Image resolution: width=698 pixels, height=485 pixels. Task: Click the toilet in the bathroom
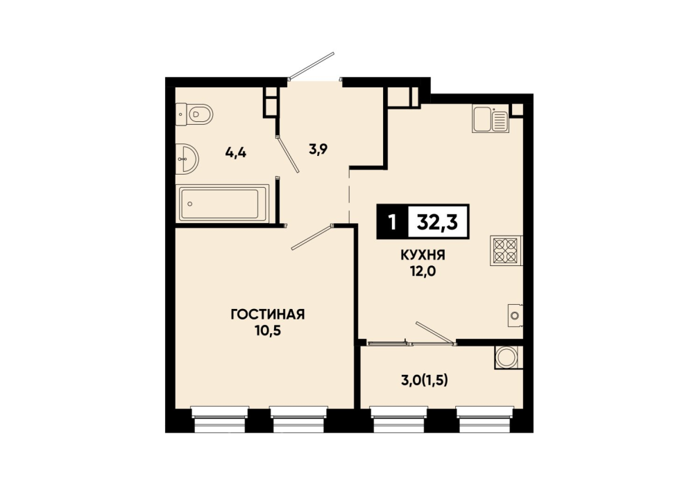point(194,114)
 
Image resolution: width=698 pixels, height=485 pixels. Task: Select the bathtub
point(223,204)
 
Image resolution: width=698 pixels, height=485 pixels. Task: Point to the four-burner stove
point(506,251)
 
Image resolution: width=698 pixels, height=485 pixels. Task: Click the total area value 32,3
point(438,222)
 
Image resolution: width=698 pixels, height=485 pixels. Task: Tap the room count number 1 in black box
point(392,222)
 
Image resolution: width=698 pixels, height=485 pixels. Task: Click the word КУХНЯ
point(423,255)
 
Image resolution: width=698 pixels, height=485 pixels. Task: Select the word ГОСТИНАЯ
point(268,315)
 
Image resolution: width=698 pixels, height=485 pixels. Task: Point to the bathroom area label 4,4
point(236,153)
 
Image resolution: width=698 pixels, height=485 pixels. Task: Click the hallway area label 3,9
point(318,150)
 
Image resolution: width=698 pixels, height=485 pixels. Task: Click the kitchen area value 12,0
point(423,271)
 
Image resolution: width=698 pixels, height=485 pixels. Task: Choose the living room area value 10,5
point(267,330)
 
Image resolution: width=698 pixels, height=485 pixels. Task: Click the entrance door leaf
point(311,65)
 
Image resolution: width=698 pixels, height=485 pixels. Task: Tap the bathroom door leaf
point(287,154)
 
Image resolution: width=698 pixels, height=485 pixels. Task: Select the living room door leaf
point(312,237)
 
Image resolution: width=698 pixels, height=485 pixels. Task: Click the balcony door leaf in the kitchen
point(436,333)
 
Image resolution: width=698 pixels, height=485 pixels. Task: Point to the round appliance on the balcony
point(507,358)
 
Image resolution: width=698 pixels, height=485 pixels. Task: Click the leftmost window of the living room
point(219,419)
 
